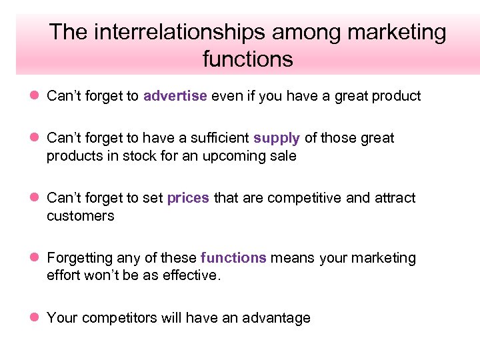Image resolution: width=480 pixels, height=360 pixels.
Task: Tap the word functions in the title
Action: point(247,59)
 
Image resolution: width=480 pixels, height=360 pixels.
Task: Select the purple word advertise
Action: point(175,96)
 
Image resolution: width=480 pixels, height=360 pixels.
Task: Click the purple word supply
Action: point(277,138)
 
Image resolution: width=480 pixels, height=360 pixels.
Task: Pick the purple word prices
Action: point(188,198)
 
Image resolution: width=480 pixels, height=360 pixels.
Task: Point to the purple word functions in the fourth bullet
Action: point(233,258)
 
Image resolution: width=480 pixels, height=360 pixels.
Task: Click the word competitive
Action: point(296,198)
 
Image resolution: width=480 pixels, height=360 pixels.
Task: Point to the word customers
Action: point(80,216)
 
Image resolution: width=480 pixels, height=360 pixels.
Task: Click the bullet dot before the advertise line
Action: point(35,96)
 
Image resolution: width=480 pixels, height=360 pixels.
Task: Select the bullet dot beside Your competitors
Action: point(35,318)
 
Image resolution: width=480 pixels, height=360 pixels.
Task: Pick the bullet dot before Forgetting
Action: point(35,258)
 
